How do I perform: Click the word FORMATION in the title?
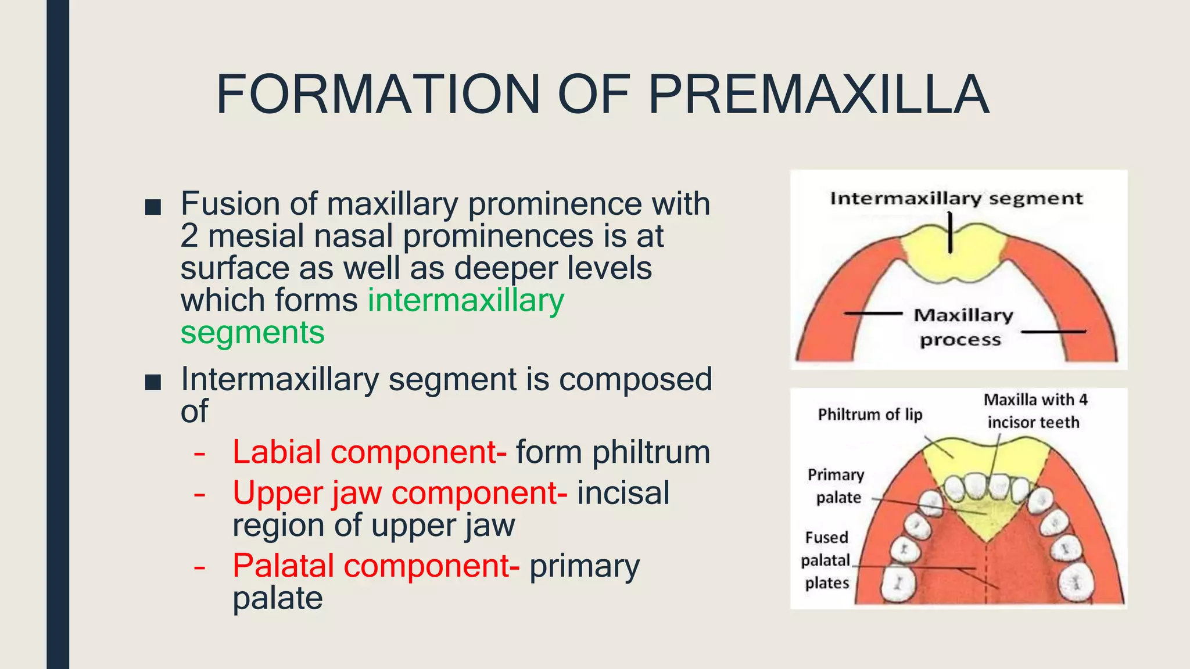tap(378, 95)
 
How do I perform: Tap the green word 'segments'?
tap(252, 333)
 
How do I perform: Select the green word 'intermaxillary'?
tap(465, 301)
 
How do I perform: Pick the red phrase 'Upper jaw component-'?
tap(400, 494)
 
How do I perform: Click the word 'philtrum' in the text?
tap(651, 452)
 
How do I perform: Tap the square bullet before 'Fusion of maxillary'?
tap(153, 207)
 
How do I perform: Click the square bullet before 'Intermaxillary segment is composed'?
tap(153, 382)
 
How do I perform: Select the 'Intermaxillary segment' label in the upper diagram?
tap(956, 199)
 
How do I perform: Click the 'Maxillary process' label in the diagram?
tap(962, 327)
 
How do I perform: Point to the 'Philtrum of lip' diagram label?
tap(870, 415)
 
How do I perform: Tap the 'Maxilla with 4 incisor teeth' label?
tap(1034, 411)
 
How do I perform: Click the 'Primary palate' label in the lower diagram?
tap(837, 486)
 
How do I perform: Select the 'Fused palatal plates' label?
tap(826, 560)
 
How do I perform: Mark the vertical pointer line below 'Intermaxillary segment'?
tap(950, 232)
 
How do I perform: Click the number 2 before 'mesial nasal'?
tap(189, 236)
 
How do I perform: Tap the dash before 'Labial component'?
tap(199, 453)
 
